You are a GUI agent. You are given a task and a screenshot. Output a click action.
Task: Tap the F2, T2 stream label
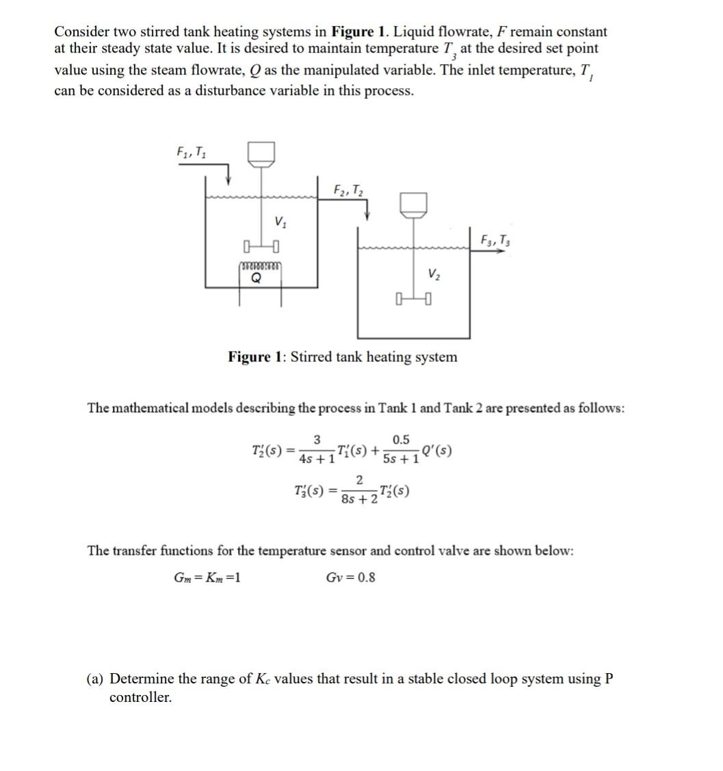pos(348,189)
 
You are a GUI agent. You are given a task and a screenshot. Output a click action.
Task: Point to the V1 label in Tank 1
pos(280,222)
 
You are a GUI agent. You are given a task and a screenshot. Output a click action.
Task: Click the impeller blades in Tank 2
pos(414,299)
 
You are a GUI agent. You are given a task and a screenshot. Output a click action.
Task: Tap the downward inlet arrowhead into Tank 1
pos(228,180)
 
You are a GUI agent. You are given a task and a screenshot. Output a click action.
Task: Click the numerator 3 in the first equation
pos(317,439)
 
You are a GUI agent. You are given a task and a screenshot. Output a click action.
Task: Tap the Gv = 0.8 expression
pos(350,577)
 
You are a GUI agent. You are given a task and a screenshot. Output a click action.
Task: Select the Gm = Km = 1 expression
pos(207,577)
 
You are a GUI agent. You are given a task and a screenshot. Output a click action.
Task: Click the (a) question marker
pos(95,679)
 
